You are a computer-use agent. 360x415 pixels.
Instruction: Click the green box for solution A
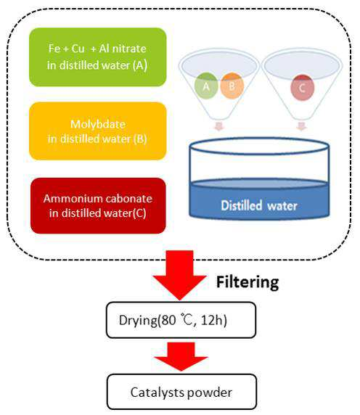(98, 57)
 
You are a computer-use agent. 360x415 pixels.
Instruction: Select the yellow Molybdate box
(98, 131)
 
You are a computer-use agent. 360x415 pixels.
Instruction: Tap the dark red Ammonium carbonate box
(98, 205)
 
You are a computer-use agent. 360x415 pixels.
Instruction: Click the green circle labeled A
(206, 86)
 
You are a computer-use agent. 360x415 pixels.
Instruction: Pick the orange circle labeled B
(232, 86)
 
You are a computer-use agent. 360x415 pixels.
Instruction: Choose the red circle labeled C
(302, 88)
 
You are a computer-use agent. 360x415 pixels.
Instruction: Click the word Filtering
(247, 282)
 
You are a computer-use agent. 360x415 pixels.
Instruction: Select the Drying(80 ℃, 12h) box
(181, 320)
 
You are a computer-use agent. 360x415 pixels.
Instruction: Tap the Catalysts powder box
(181, 392)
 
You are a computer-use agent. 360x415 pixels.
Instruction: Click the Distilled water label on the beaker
(259, 205)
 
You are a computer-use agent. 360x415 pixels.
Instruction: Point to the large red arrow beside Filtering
(180, 275)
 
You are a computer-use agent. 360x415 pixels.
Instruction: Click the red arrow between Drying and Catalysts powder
(181, 356)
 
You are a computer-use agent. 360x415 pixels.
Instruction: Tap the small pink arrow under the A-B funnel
(219, 126)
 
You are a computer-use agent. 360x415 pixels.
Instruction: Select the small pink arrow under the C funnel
(301, 126)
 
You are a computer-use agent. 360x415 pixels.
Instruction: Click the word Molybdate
(98, 124)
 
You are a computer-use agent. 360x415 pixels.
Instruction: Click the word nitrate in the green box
(129, 49)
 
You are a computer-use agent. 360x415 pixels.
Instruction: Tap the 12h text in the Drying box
(214, 320)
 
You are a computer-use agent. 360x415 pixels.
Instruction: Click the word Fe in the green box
(54, 49)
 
